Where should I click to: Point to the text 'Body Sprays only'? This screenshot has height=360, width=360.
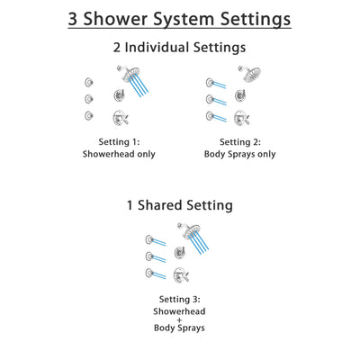(x=240, y=154)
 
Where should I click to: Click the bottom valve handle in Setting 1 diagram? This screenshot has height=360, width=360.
(x=119, y=117)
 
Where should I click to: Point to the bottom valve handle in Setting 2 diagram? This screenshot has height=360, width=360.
(x=241, y=117)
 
